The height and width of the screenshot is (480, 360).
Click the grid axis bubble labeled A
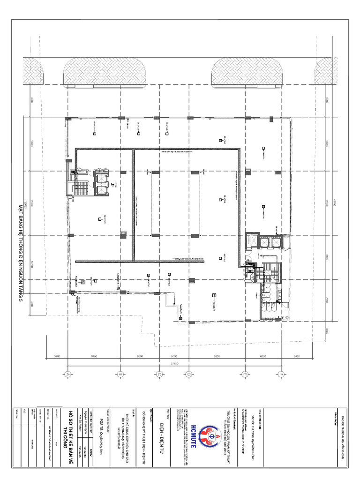click(67, 374)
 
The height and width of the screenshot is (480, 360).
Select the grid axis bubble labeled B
click(120, 374)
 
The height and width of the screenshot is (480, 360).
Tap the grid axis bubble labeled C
click(159, 374)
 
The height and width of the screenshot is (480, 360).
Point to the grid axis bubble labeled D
click(188, 374)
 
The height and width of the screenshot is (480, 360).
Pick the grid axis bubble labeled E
click(244, 374)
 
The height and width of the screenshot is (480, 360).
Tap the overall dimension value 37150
click(175, 363)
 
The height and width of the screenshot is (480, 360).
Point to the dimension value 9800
click(217, 357)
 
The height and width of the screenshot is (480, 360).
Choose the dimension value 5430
click(296, 357)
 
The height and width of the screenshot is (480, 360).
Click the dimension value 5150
click(94, 357)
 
